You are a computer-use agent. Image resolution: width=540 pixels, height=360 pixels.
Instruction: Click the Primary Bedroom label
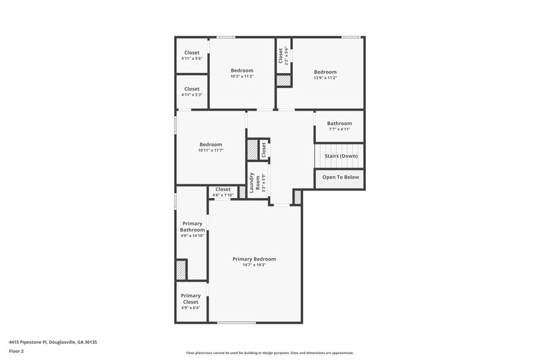[254, 259]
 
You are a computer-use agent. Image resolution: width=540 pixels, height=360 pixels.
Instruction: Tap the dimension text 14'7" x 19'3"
[254, 265]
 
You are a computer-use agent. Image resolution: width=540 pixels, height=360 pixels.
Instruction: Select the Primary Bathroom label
[192, 226]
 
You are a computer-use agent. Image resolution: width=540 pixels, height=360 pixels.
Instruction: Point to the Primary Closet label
[190, 298]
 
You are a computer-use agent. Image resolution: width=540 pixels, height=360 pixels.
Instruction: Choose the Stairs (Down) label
[341, 156]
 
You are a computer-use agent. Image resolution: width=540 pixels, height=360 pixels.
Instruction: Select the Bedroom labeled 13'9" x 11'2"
[325, 72]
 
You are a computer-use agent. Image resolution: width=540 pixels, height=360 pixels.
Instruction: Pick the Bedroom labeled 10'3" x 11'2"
[242, 71]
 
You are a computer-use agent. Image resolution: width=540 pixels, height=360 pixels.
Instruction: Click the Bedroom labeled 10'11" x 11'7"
[211, 145]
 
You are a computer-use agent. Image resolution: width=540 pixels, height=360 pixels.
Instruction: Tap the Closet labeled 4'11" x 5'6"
[192, 53]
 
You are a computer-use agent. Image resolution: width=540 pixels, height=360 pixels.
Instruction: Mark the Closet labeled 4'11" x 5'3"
[192, 89]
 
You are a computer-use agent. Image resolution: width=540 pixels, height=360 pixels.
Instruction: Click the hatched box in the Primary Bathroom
[181, 269]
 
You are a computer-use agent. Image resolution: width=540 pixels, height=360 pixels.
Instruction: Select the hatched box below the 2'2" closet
[283, 80]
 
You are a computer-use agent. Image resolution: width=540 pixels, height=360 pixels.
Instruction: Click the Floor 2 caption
[16, 351]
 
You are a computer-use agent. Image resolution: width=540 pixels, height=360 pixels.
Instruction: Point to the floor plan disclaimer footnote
[270, 353]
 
